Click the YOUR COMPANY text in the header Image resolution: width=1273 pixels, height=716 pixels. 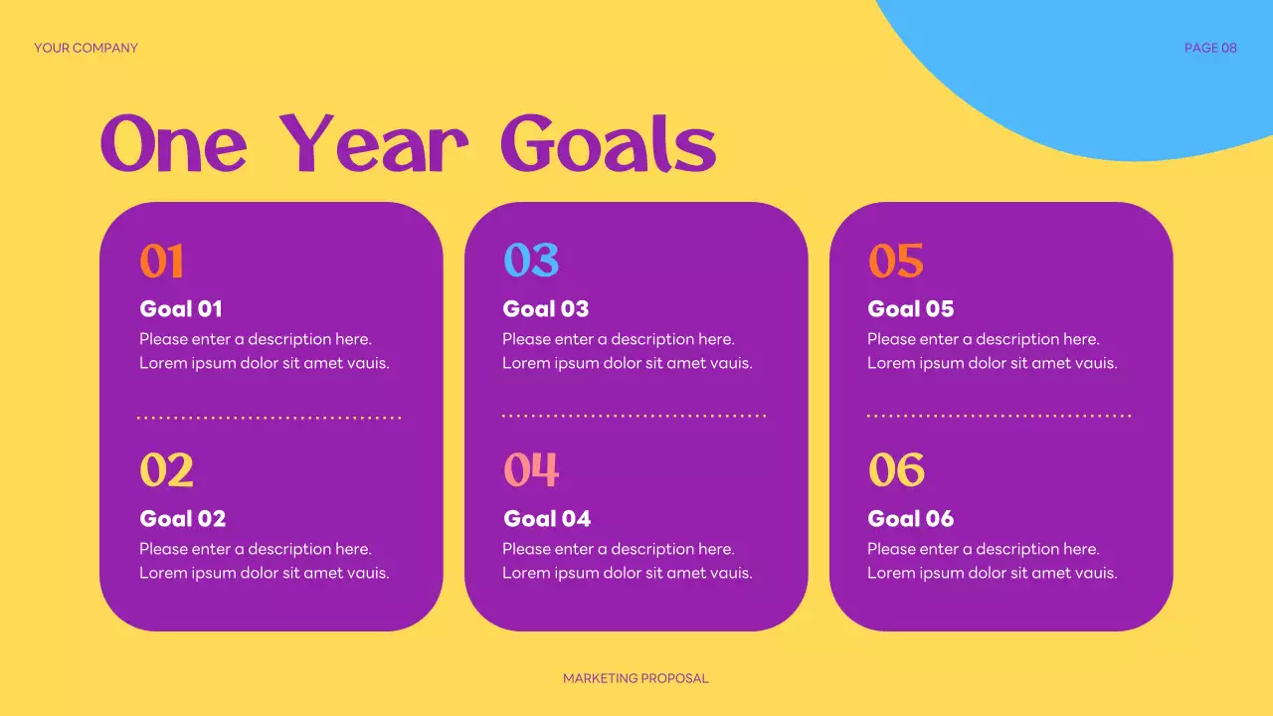click(86, 48)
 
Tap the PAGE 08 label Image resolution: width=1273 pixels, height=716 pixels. click(1210, 48)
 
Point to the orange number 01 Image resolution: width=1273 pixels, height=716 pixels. click(161, 262)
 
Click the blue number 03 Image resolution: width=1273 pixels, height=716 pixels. click(530, 261)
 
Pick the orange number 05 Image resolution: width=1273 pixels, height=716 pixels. click(895, 261)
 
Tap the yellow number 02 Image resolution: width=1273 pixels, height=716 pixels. click(166, 470)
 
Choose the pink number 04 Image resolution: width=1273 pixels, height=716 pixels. click(531, 470)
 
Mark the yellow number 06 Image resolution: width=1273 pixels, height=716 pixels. click(896, 470)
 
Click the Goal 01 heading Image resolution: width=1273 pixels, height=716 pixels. click(181, 308)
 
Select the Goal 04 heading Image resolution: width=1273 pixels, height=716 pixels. click(547, 518)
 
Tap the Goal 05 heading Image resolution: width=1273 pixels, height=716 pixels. click(910, 308)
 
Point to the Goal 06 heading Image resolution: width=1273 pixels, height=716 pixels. click(910, 518)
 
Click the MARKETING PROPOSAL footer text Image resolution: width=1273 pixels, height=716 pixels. click(636, 678)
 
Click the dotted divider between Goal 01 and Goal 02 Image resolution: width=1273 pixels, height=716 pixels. click(269, 418)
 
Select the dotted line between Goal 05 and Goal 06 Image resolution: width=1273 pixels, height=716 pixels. click(999, 416)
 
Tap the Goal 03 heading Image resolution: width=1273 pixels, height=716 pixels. click(545, 308)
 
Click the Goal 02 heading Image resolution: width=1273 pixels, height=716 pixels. click(182, 518)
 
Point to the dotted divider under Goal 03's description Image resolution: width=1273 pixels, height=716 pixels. click(634, 416)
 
